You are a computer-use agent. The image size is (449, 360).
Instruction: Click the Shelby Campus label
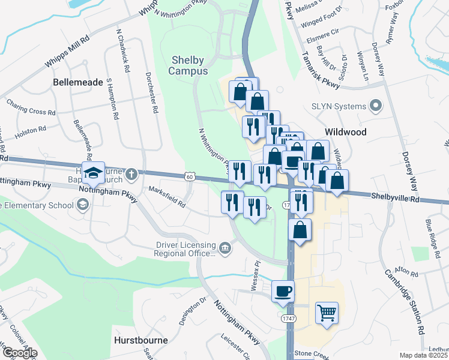(x=189, y=65)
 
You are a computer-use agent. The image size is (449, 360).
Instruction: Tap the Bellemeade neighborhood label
(x=78, y=82)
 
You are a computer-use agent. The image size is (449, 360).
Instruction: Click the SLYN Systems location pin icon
(x=376, y=107)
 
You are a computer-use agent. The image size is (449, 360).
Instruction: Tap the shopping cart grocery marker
(x=327, y=312)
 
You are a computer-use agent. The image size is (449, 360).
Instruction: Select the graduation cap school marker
(x=93, y=173)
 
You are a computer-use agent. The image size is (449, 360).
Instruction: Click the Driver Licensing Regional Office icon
(x=225, y=248)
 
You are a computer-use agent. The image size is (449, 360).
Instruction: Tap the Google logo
(x=19, y=352)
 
